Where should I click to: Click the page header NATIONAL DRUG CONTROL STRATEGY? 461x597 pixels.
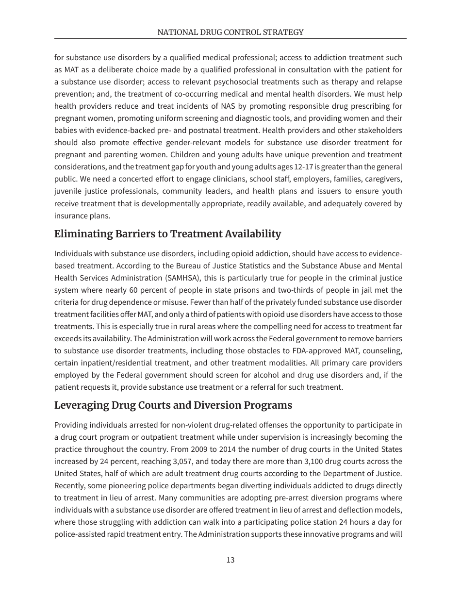click(230, 32)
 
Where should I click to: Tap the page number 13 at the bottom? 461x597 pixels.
click(230, 560)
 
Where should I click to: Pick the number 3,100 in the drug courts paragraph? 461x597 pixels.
click(303, 461)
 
